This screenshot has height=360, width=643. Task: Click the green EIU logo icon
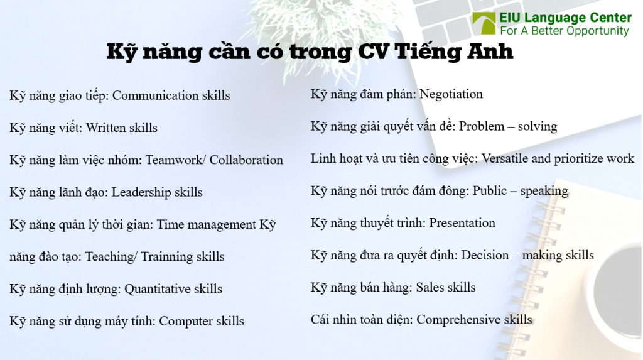point(484,24)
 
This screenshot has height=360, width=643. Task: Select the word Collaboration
point(246,160)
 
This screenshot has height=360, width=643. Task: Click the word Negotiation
point(451,94)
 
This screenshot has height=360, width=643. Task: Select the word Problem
point(481,126)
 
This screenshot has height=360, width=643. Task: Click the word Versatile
point(505,158)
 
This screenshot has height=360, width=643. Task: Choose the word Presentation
point(462,223)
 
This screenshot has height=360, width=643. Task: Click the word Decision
point(485,255)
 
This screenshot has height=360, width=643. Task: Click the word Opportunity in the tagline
point(597,31)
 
